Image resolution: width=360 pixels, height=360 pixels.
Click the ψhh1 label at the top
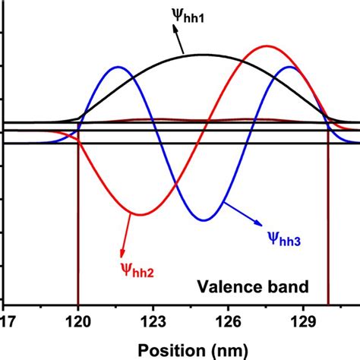click(x=196, y=14)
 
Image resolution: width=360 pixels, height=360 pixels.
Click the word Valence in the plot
click(x=226, y=287)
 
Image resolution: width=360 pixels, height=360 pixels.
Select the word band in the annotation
click(x=284, y=287)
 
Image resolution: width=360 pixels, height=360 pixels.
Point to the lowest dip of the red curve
click(x=137, y=213)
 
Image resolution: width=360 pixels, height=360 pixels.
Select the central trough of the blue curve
click(x=203, y=220)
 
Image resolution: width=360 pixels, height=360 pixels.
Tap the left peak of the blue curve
click(x=117, y=67)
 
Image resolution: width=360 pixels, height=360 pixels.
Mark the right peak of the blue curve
click(x=289, y=67)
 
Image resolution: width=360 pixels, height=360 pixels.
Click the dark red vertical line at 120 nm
click(x=78, y=228)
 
